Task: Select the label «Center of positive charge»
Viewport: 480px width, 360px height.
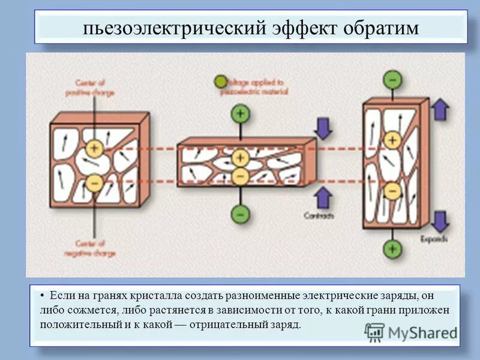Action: (95, 88)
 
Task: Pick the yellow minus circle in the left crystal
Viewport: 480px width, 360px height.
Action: (94, 182)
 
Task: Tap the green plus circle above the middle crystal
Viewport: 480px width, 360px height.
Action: (240, 113)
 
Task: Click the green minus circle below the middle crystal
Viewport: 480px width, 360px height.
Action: (240, 213)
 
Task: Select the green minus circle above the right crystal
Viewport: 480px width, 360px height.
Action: (392, 79)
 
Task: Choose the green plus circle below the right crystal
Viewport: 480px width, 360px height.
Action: (392, 247)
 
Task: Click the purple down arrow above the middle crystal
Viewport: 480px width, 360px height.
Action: (323, 127)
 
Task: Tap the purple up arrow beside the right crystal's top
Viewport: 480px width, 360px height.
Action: (441, 110)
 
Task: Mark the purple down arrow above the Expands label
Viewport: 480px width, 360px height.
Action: (441, 221)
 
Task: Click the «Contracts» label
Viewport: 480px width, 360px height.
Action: (318, 215)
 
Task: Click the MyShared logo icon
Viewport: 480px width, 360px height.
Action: (374, 332)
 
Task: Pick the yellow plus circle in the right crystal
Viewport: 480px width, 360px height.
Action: (392, 140)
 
